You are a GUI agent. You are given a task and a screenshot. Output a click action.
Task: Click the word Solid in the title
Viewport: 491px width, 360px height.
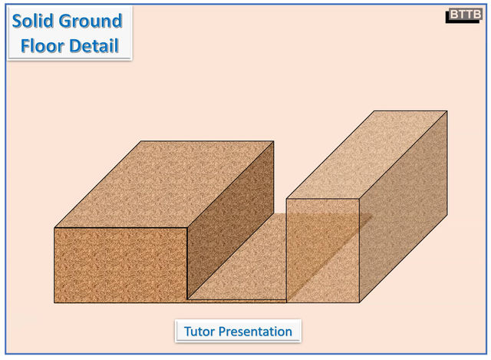pos(35,21)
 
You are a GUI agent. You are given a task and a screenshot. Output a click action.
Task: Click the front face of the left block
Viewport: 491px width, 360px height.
pos(120,264)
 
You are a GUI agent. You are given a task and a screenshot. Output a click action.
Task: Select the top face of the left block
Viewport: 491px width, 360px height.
pos(164,184)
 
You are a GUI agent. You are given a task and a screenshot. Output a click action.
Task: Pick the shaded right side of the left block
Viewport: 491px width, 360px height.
pos(230,223)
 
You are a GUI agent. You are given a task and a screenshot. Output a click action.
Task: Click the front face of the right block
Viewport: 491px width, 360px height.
pos(323,250)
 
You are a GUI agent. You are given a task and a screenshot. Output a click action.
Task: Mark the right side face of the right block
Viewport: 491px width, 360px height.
pos(404,207)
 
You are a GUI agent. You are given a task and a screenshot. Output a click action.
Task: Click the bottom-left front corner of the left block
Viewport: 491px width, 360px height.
pos(54,302)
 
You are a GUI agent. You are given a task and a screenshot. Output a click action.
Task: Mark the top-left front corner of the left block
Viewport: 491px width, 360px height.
pos(54,228)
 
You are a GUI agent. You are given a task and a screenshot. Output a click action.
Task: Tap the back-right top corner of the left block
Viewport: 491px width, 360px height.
pos(274,141)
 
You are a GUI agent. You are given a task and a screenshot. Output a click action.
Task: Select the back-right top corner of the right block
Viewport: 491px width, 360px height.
pos(447,111)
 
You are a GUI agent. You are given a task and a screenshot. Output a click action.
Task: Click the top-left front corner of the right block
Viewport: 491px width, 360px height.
pos(287,200)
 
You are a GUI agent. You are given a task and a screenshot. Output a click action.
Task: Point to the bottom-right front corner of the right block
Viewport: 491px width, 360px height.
pos(360,302)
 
